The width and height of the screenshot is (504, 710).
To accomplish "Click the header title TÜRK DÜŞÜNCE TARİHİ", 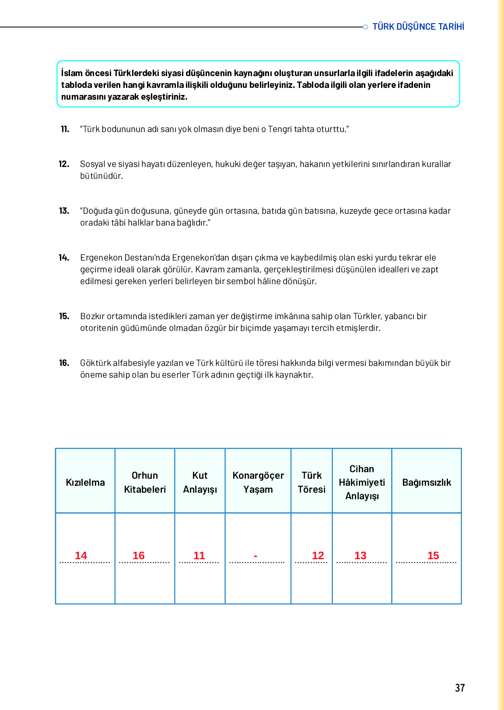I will (418, 27).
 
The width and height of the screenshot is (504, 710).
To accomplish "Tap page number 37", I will (459, 688).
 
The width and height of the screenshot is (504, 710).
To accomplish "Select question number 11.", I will (65, 129).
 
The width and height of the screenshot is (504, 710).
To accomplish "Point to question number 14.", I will (64, 258).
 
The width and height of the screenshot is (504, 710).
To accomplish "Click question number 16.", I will (64, 363).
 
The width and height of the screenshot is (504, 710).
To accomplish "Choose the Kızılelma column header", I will (85, 482).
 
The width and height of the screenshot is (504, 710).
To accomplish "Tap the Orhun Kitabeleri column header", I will (145, 482).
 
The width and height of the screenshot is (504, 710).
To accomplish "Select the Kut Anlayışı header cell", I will (200, 482).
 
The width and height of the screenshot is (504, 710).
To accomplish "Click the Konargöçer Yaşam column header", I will (258, 482).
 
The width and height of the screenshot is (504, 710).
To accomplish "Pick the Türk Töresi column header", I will (311, 482).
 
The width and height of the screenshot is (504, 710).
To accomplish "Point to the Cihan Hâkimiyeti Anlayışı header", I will (362, 482).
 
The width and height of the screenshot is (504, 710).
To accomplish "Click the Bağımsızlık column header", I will (427, 482).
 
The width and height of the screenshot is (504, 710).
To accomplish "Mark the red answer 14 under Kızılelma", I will (81, 555).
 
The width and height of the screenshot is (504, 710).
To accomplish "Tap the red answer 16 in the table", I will (138, 555).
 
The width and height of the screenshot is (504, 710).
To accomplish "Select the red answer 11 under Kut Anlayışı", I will (199, 555).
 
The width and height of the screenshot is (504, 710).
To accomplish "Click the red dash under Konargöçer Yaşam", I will (255, 556).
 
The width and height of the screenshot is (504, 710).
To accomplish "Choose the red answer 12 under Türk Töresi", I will (318, 555).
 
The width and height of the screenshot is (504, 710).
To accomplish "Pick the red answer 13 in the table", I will (360, 555).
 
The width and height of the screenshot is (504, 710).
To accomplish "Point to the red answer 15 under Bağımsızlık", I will (433, 555).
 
